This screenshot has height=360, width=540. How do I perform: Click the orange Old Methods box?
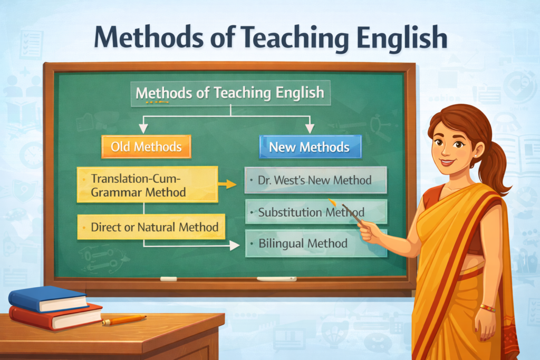coord(146,147)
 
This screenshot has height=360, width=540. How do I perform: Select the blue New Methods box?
coord(310,147)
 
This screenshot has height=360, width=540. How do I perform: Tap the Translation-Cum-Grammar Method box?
coord(147,184)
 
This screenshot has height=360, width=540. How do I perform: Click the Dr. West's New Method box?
coord(315,180)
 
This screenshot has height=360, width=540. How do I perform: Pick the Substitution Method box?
coord(315,212)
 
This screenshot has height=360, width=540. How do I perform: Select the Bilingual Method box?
coord(315,243)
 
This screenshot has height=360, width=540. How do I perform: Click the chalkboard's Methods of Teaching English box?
coord(230,93)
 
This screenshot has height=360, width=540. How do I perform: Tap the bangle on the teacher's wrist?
coord(487,308)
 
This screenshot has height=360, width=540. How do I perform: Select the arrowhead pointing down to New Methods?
coord(310,128)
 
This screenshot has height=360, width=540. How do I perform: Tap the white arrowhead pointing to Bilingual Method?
coord(235,245)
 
